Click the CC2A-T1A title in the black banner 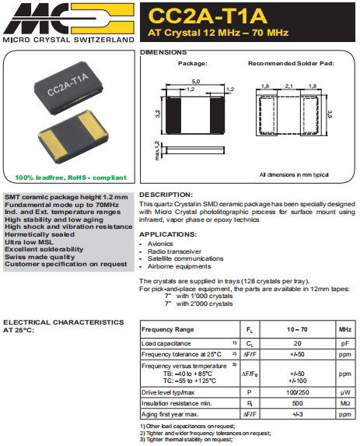tap(208, 16)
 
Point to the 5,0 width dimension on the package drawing tap(196, 82)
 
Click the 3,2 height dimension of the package tap(158, 114)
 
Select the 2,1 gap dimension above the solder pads tap(289, 86)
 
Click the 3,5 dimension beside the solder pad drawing tap(330, 114)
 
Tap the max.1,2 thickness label tap(157, 150)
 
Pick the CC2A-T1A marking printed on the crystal tap(68, 85)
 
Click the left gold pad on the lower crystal tap(53, 143)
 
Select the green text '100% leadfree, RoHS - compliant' tap(71, 177)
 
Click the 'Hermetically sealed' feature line tap(40, 234)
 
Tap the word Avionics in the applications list tap(160, 244)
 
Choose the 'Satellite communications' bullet tap(185, 258)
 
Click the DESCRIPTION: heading tap(166, 195)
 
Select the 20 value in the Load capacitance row tap(298, 343)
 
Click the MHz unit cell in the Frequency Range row tap(345, 329)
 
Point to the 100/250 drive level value tap(298, 392)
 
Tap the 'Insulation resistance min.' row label tap(177, 403)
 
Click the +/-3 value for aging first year tap(298, 414)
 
